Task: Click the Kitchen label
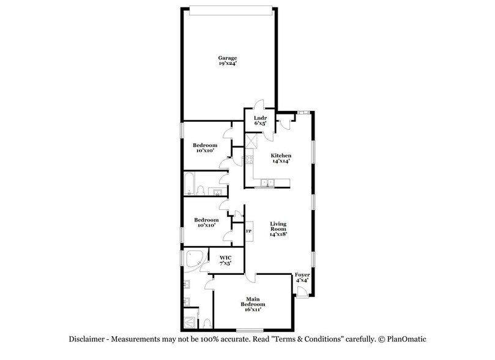pyautogui.click(x=281, y=156)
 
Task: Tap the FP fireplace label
pyautogui.click(x=249, y=231)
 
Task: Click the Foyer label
pyautogui.click(x=302, y=276)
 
